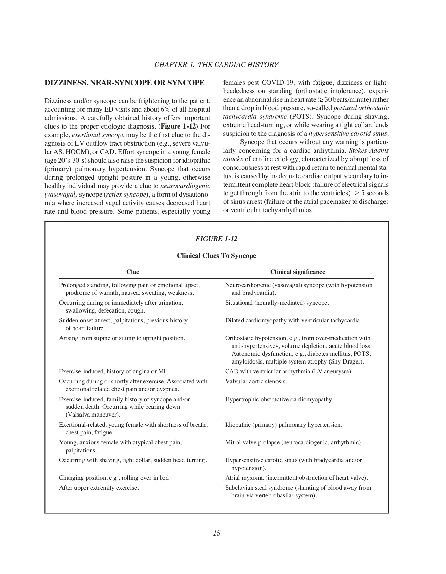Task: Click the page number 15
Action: [216, 533]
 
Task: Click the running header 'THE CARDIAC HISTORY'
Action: [238, 65]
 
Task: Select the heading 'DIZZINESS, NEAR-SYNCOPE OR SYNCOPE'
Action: [125, 83]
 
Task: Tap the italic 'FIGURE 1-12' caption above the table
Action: [216, 239]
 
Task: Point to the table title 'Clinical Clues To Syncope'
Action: [216, 256]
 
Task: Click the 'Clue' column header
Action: [132, 272]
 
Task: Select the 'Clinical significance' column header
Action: [298, 272]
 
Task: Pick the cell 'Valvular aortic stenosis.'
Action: [256, 381]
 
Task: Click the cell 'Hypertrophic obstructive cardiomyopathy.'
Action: [279, 399]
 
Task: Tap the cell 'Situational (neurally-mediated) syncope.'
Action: [277, 303]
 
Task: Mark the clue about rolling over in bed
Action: [115, 478]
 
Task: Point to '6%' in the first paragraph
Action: [160, 109]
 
